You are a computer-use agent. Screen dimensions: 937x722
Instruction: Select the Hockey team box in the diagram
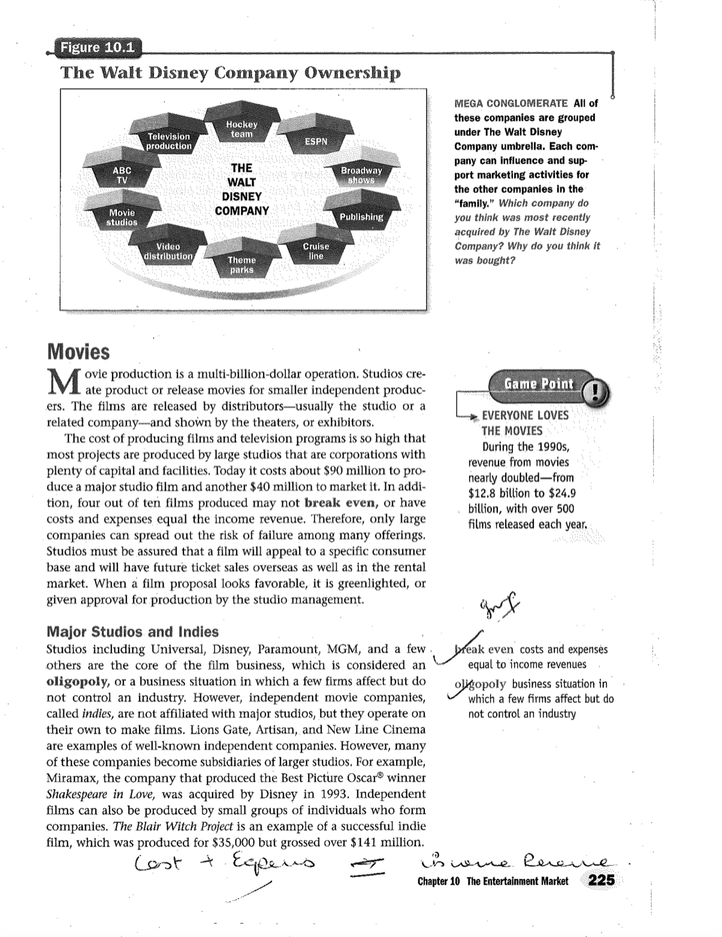click(x=241, y=128)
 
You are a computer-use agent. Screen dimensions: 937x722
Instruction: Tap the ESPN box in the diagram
click(x=316, y=141)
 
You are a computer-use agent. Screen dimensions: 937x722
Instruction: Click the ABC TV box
click(x=122, y=174)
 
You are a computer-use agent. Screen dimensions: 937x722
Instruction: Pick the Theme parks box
click(x=241, y=264)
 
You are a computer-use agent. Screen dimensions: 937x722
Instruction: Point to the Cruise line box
click(x=316, y=250)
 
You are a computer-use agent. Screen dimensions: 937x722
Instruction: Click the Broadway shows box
click(x=361, y=175)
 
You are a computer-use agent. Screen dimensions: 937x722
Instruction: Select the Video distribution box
click(x=168, y=251)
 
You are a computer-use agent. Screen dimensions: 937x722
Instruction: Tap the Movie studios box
click(x=122, y=217)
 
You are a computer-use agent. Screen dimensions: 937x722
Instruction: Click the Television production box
click(x=169, y=141)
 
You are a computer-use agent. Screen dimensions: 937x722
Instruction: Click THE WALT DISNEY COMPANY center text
click(x=241, y=189)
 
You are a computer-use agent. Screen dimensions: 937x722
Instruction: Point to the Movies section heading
click(x=78, y=351)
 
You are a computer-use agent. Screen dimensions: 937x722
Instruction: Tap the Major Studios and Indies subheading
click(x=132, y=632)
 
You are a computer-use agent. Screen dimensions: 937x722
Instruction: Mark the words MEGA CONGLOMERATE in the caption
click(x=511, y=103)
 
